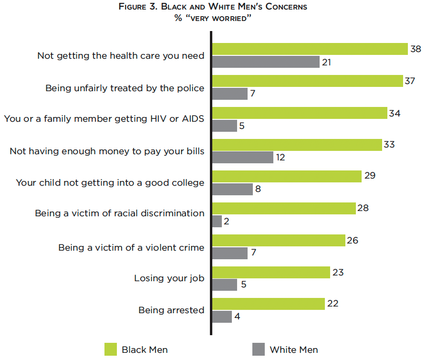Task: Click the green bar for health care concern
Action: coord(310,49)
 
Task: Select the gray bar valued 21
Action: coord(266,62)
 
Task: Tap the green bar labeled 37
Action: coord(308,81)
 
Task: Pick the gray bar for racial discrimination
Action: coord(217,222)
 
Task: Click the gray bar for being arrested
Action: coord(222,317)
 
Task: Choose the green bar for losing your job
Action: coord(271,273)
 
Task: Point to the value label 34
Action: coord(395,114)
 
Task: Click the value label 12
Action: coord(281,157)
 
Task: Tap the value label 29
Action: coord(370,176)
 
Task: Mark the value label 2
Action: coord(227,221)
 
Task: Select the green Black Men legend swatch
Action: coord(111,349)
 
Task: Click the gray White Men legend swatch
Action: coord(258,349)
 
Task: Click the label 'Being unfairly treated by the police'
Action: coord(125,88)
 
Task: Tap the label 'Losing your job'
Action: coord(169,278)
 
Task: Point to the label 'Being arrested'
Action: coord(171,310)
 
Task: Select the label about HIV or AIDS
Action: coord(104,119)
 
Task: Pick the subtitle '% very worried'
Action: coord(213,18)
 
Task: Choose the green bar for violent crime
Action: coord(279,241)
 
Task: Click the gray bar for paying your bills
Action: coord(243,158)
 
